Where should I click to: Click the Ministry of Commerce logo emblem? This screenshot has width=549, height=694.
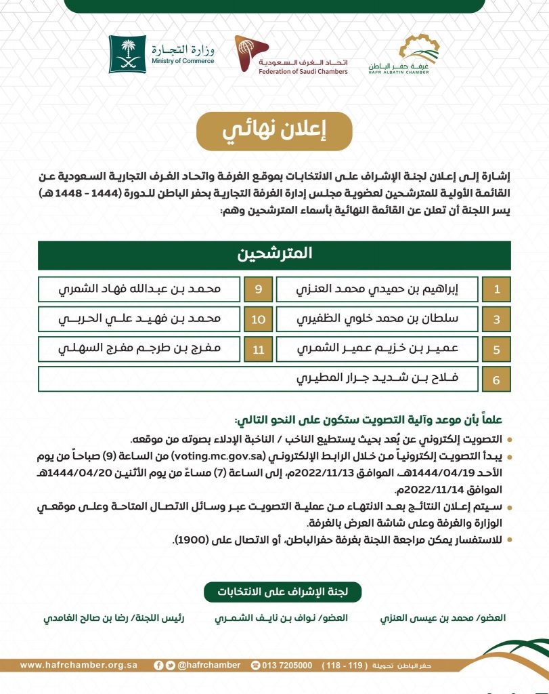(x=127, y=54)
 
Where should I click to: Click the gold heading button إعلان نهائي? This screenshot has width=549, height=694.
(x=275, y=131)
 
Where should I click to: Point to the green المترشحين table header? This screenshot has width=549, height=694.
(x=275, y=255)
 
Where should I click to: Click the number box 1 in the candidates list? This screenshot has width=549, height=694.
(x=496, y=289)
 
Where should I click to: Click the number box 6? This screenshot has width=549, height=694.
(x=496, y=380)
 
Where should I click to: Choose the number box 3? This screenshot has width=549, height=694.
(x=496, y=319)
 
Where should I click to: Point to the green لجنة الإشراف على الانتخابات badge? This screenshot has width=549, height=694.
(x=282, y=591)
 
